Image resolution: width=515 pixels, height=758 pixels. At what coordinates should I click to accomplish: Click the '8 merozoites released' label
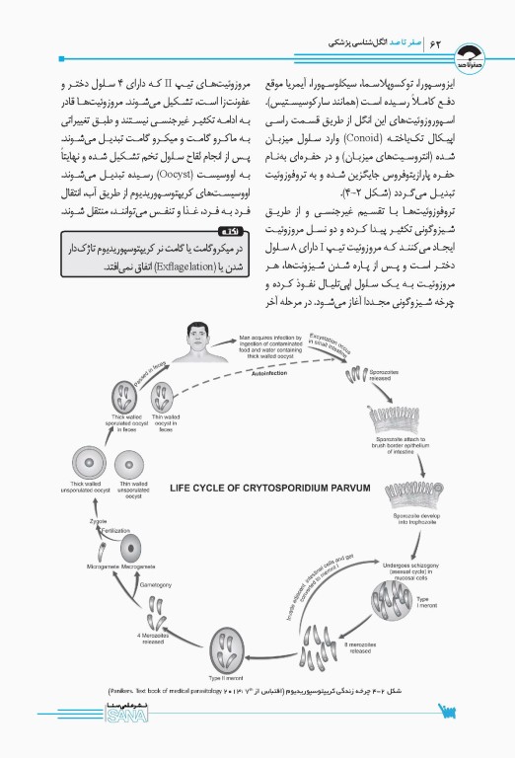tap(362, 647)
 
